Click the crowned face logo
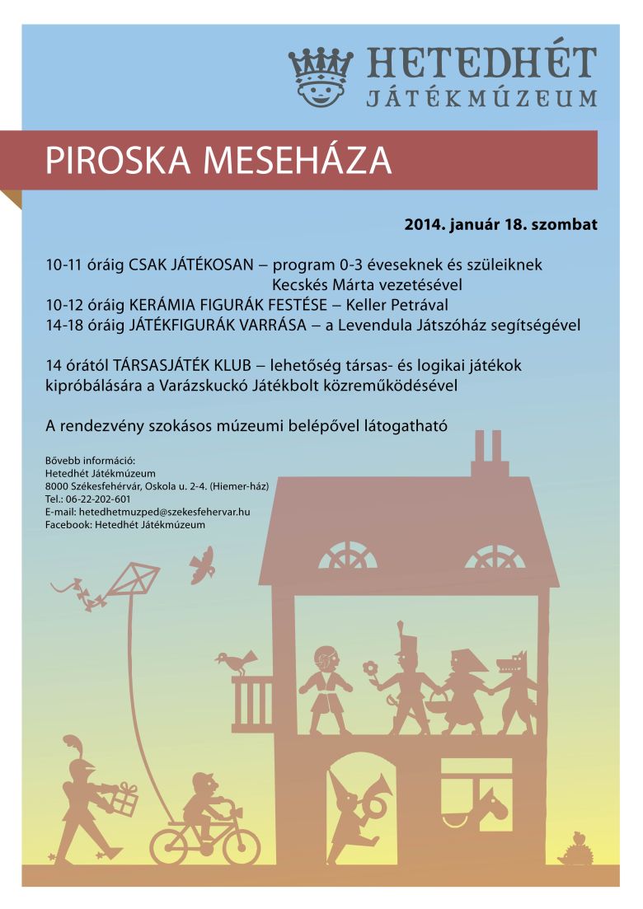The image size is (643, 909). [320, 77]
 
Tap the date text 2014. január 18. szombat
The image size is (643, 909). [500, 223]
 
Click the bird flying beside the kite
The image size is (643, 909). [201, 565]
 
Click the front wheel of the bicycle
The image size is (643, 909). [240, 846]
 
